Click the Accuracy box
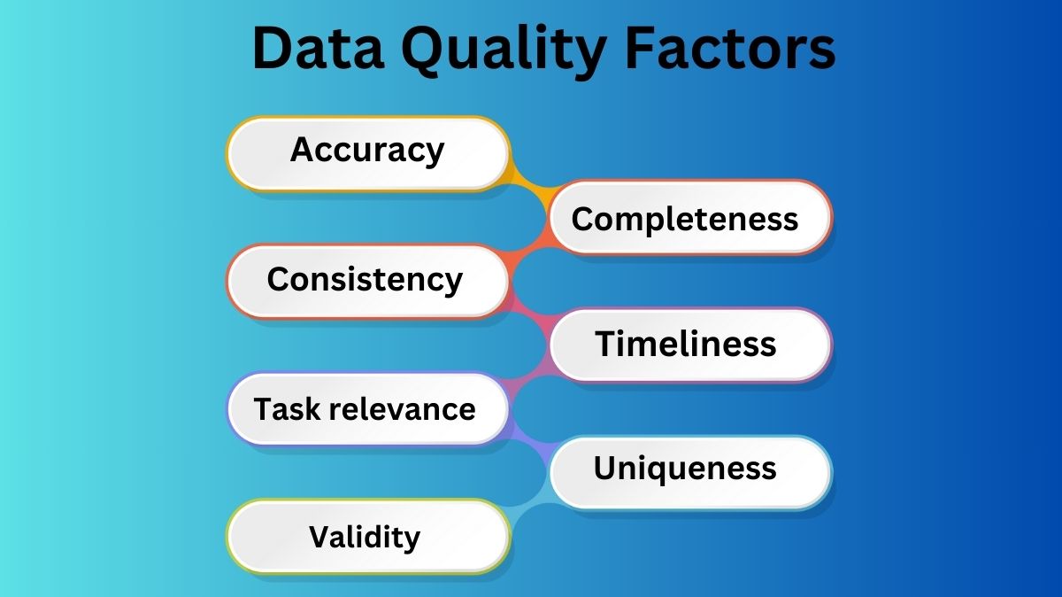(367, 151)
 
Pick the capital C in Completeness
(582, 219)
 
